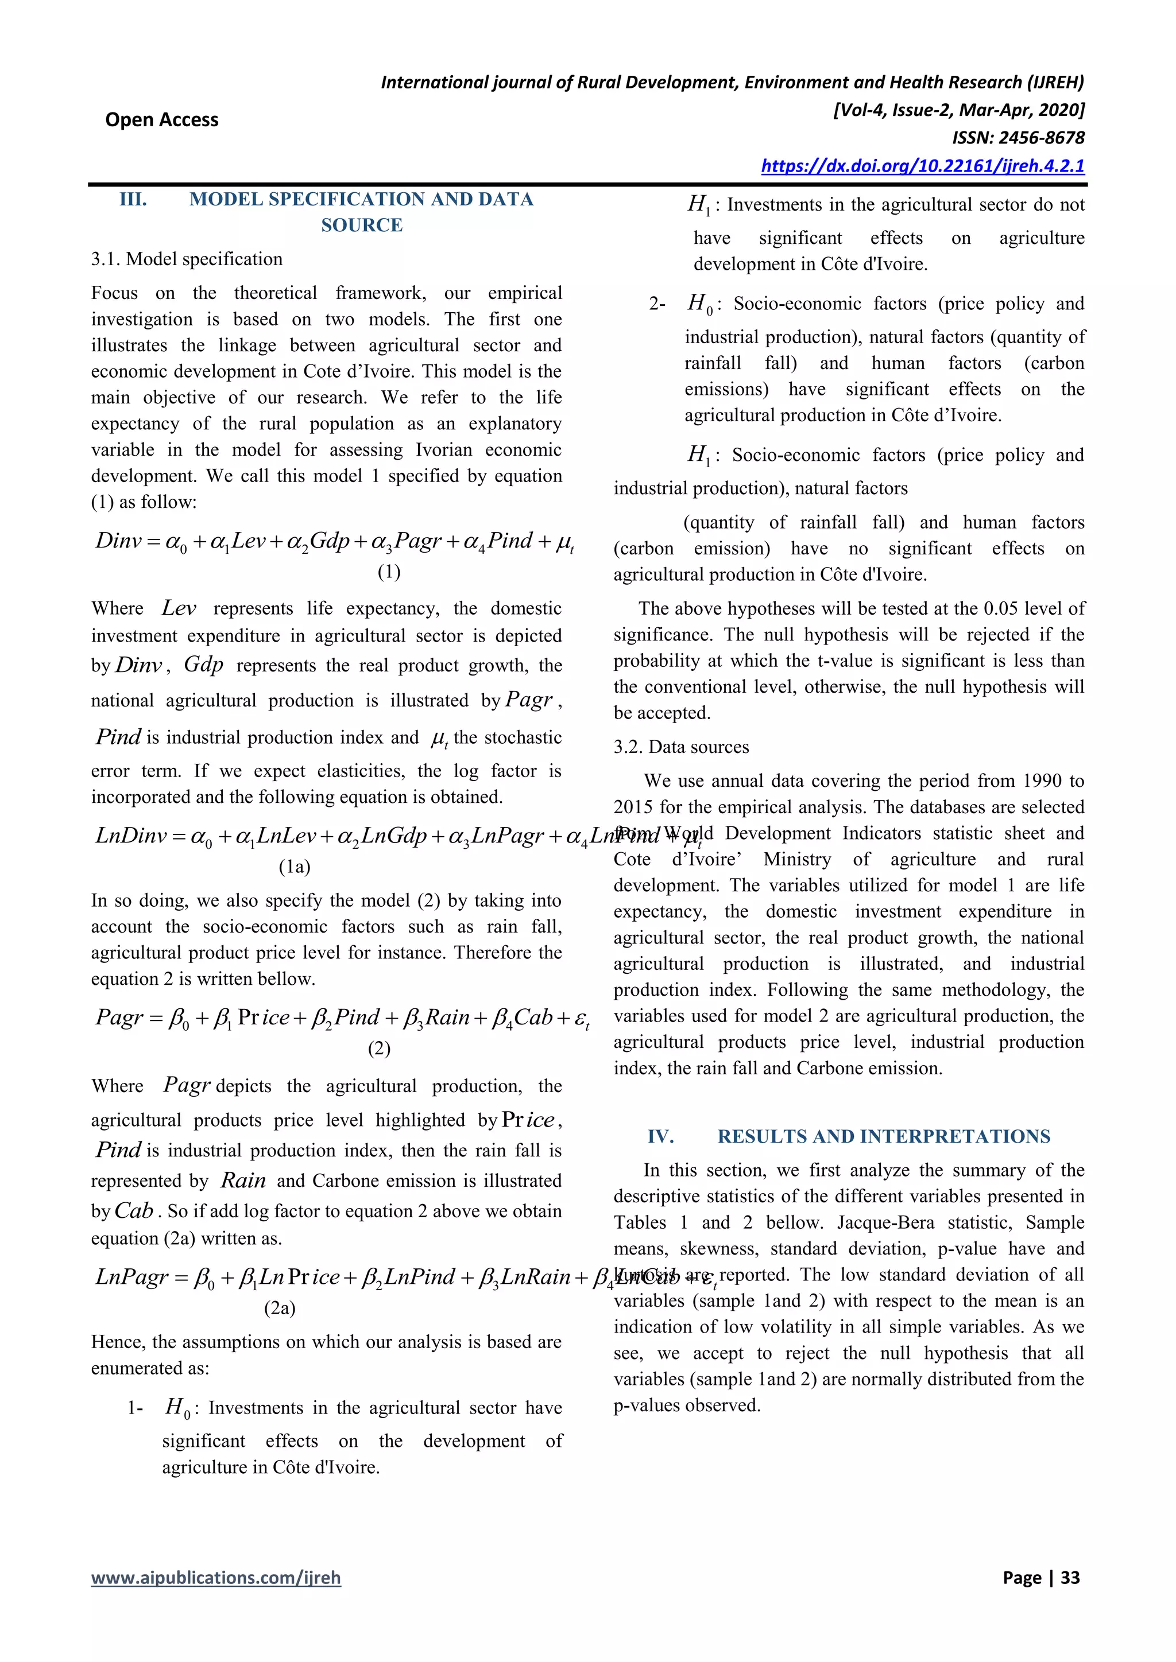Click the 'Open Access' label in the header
pyautogui.click(x=161, y=119)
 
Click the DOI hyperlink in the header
pyautogui.click(x=923, y=166)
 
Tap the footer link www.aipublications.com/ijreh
pyautogui.click(x=216, y=1577)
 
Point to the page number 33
pyautogui.click(x=1070, y=1577)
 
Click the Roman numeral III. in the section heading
pyautogui.click(x=133, y=199)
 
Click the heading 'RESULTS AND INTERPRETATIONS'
pyautogui.click(x=884, y=1136)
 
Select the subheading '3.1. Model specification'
pyautogui.click(x=187, y=259)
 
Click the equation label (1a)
pyautogui.click(x=295, y=867)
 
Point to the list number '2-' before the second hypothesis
pyautogui.click(x=657, y=304)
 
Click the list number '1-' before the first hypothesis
pyautogui.click(x=136, y=1408)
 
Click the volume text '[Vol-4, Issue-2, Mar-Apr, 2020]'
pyautogui.click(x=959, y=110)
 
